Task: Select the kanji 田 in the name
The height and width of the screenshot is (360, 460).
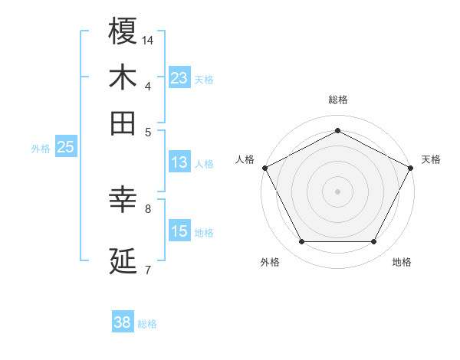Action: [123, 123]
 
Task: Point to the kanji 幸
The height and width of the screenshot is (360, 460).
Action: [123, 200]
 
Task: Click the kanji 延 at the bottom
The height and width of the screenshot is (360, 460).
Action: [123, 261]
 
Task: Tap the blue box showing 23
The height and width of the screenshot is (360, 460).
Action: [179, 78]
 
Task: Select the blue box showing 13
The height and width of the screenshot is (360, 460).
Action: [179, 162]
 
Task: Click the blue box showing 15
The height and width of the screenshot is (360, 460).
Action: [179, 231]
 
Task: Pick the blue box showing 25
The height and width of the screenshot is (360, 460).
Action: [65, 147]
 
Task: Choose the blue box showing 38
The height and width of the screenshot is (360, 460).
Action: [123, 322]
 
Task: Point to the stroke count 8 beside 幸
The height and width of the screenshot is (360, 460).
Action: [148, 208]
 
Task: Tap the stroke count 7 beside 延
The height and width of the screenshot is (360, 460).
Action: [148, 269]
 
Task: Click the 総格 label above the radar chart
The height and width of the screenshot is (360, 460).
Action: [338, 100]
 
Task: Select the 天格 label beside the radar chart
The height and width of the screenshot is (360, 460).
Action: [431, 159]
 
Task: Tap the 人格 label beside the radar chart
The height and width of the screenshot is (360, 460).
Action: [245, 159]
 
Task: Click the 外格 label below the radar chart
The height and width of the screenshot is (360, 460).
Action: [270, 263]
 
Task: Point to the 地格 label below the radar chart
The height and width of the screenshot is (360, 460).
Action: [402, 263]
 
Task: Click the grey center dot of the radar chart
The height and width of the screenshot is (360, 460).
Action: [338, 191]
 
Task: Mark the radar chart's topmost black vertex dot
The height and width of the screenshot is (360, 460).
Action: [338, 130]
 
